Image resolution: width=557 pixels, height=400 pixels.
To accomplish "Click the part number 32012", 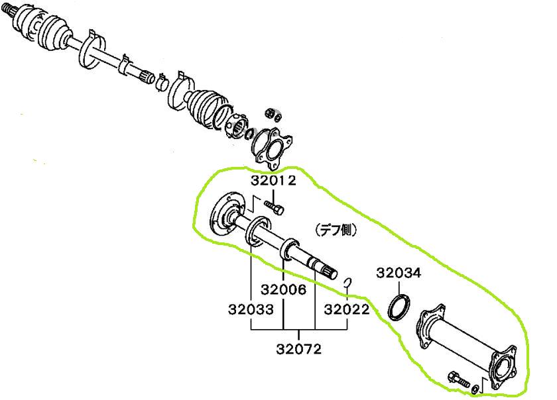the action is (x=273, y=181).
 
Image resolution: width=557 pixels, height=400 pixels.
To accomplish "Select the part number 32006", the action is (x=283, y=289).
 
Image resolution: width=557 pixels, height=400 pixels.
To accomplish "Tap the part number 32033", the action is (x=251, y=309).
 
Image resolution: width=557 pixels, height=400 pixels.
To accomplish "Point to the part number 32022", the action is (x=347, y=309).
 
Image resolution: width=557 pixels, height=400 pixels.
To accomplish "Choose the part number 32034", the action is (x=399, y=273).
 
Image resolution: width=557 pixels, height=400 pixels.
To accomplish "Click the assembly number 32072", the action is (x=299, y=349).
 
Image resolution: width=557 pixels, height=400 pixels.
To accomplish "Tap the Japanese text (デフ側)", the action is (x=336, y=230).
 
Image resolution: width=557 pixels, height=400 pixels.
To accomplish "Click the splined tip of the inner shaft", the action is (x=330, y=273).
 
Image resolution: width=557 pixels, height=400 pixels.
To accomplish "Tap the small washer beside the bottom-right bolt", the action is (x=474, y=388).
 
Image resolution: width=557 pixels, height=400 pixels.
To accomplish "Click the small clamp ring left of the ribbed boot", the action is (x=162, y=83).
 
